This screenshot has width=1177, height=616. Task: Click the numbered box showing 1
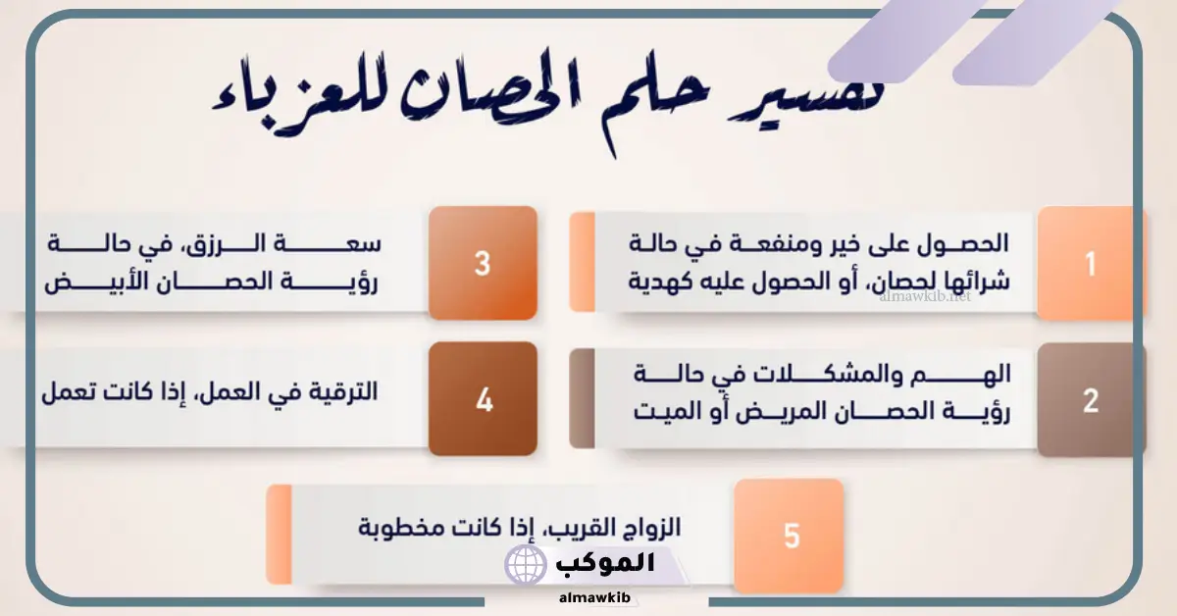(1091, 263)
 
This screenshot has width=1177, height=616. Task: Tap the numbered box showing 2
(1091, 400)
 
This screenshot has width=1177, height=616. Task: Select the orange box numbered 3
(483, 263)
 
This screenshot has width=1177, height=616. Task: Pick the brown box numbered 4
(483, 399)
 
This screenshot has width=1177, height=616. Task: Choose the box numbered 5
(790, 537)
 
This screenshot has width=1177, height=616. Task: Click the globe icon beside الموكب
(526, 564)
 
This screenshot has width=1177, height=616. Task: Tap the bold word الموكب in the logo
(605, 563)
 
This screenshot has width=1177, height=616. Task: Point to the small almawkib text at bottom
(594, 597)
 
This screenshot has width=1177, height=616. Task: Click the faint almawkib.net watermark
(925, 296)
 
